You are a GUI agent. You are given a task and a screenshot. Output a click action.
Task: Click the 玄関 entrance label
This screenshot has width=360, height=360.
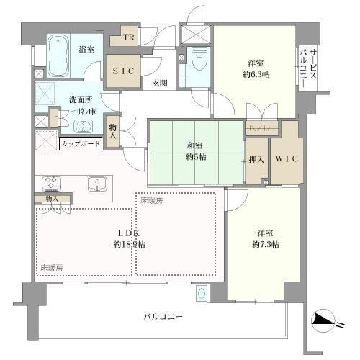tap(160, 83)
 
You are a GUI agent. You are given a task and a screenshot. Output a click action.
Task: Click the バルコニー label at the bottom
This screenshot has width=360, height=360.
tap(163, 317)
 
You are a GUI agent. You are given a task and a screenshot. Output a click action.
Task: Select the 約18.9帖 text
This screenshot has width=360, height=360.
tap(130, 244)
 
